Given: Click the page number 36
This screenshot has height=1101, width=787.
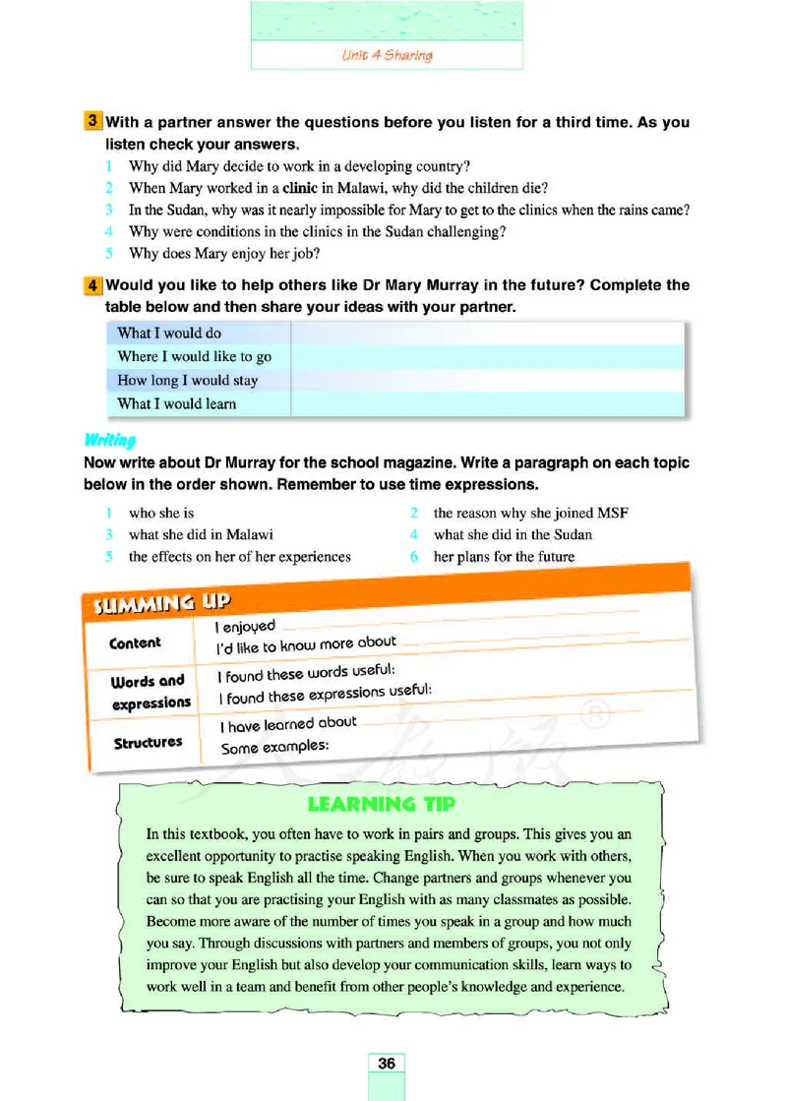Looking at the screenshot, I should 386,1063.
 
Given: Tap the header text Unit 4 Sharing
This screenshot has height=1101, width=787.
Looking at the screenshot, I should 387,55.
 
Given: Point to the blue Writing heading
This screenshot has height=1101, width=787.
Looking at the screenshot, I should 109,440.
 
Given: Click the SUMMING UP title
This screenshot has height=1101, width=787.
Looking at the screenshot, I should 162,600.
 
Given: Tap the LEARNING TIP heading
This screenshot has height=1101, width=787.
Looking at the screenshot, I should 382,804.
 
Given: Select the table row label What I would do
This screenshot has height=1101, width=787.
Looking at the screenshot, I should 169,333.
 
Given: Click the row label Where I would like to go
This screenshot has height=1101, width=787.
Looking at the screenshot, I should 194,356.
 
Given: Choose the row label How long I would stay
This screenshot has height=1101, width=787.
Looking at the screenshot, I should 187,380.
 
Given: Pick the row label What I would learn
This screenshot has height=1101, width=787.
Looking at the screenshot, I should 176,403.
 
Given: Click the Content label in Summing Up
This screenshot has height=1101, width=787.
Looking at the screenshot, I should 136,642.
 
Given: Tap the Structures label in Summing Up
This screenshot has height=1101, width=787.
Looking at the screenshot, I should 148,742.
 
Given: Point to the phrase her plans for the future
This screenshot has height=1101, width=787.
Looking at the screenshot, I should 504,556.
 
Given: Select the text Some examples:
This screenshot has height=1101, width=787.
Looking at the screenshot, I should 273,747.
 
